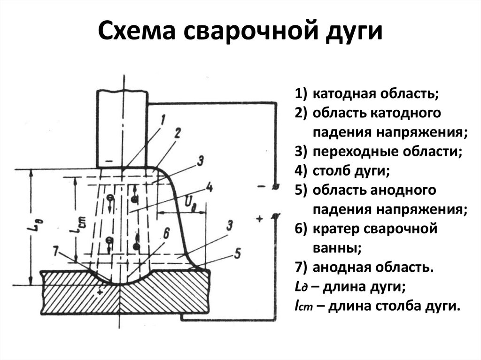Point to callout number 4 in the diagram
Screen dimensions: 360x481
(x=209, y=188)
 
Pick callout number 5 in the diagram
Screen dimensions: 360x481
(x=237, y=254)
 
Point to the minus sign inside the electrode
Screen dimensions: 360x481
(x=109, y=161)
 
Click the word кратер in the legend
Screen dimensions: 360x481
(x=334, y=229)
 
